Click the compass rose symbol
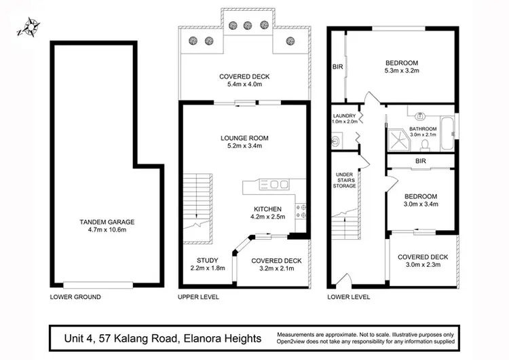[29, 27]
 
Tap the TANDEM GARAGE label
[107, 222]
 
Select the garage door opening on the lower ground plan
[98, 285]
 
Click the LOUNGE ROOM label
[244, 138]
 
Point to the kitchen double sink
[274, 185]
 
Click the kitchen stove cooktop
[301, 211]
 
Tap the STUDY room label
[208, 260]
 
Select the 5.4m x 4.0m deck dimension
[244, 84]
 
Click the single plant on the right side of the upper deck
[290, 41]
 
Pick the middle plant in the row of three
[248, 25]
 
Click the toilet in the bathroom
[425, 145]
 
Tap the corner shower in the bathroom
[399, 141]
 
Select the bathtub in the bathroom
[447, 133]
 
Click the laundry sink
[337, 141]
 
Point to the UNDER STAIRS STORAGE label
[344, 180]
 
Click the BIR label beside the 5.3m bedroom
[337, 67]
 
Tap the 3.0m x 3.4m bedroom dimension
[421, 204]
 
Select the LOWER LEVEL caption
[349, 297]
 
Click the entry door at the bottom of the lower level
[344, 281]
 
